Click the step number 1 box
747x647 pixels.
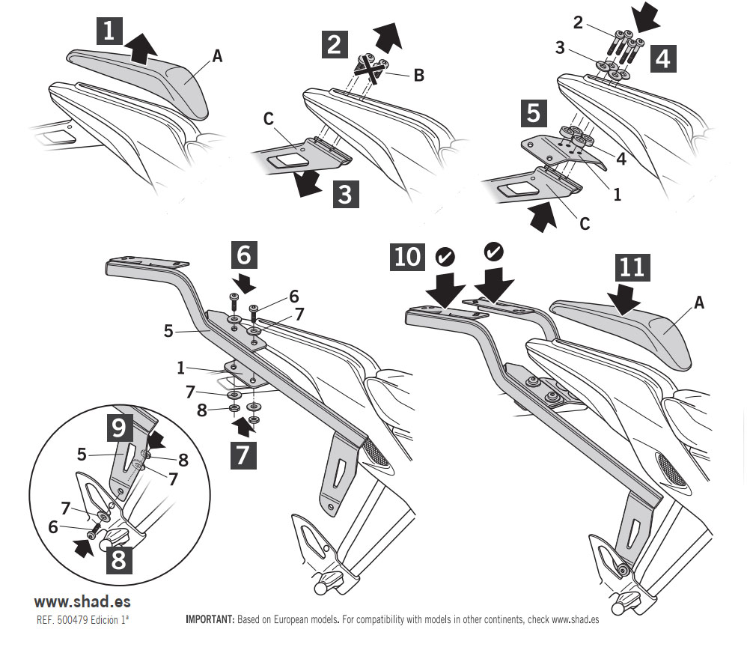coord(109,31)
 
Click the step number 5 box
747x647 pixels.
coord(534,113)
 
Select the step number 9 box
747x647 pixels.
coord(118,427)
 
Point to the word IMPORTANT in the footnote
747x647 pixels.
coord(209,620)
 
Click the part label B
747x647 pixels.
coord(418,74)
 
